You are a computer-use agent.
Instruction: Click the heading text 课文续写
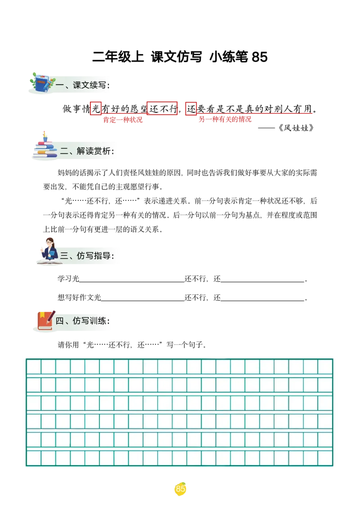[91, 85]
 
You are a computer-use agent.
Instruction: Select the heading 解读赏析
[95, 151]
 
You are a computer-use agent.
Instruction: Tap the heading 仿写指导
[95, 255]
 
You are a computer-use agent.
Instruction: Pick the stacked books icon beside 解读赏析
[45, 148]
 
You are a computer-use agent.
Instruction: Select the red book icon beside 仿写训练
[45, 321]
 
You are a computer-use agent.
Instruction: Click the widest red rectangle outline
[162, 108]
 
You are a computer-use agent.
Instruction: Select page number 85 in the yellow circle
[180, 489]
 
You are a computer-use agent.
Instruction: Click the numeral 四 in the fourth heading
[59, 321]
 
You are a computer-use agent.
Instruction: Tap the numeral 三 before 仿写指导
[64, 255]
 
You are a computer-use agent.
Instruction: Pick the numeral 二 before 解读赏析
[64, 151]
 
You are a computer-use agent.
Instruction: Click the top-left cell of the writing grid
[34, 366]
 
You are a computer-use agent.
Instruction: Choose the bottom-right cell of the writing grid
[325, 458]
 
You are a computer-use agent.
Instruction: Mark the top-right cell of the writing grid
[325, 366]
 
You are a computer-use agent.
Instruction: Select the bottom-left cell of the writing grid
[34, 458]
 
